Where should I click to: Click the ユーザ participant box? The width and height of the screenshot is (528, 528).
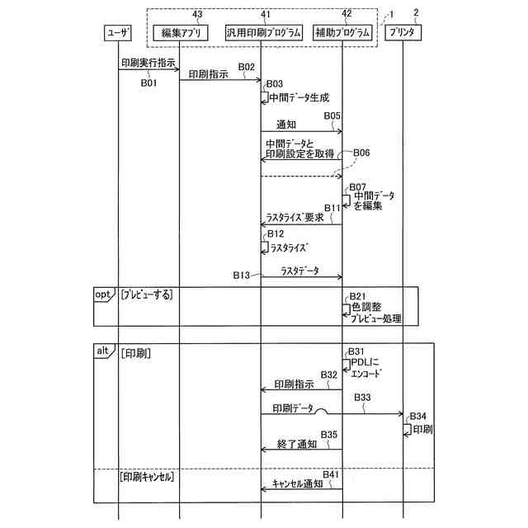[118, 33]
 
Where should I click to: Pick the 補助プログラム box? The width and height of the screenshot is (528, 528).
[342, 33]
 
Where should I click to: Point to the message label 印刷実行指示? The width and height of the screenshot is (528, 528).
[148, 62]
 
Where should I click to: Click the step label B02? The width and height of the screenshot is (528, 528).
[246, 67]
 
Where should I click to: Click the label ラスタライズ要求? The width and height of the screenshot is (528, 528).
[295, 218]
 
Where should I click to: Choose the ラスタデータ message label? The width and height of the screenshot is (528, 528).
[299, 270]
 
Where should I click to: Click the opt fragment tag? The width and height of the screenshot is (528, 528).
[101, 294]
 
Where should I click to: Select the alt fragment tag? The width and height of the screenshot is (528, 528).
[101, 351]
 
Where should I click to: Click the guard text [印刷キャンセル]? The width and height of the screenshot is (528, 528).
[151, 476]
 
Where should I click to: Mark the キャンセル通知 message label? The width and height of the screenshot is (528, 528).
[297, 483]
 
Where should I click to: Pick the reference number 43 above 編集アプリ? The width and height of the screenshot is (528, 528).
[196, 13]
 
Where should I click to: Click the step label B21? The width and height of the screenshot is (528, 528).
[357, 295]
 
